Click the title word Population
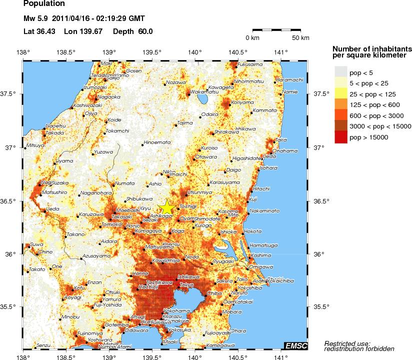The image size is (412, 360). [x=44, y=3]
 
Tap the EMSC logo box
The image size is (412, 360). [x=296, y=345]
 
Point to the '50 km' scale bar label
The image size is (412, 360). [x=300, y=38]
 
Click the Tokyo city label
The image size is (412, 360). [x=186, y=285]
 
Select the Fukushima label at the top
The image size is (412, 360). [x=249, y=64]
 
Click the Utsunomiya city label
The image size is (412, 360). [x=199, y=192]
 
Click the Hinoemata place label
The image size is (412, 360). [x=157, y=142]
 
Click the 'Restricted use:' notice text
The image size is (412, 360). [x=347, y=343]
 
